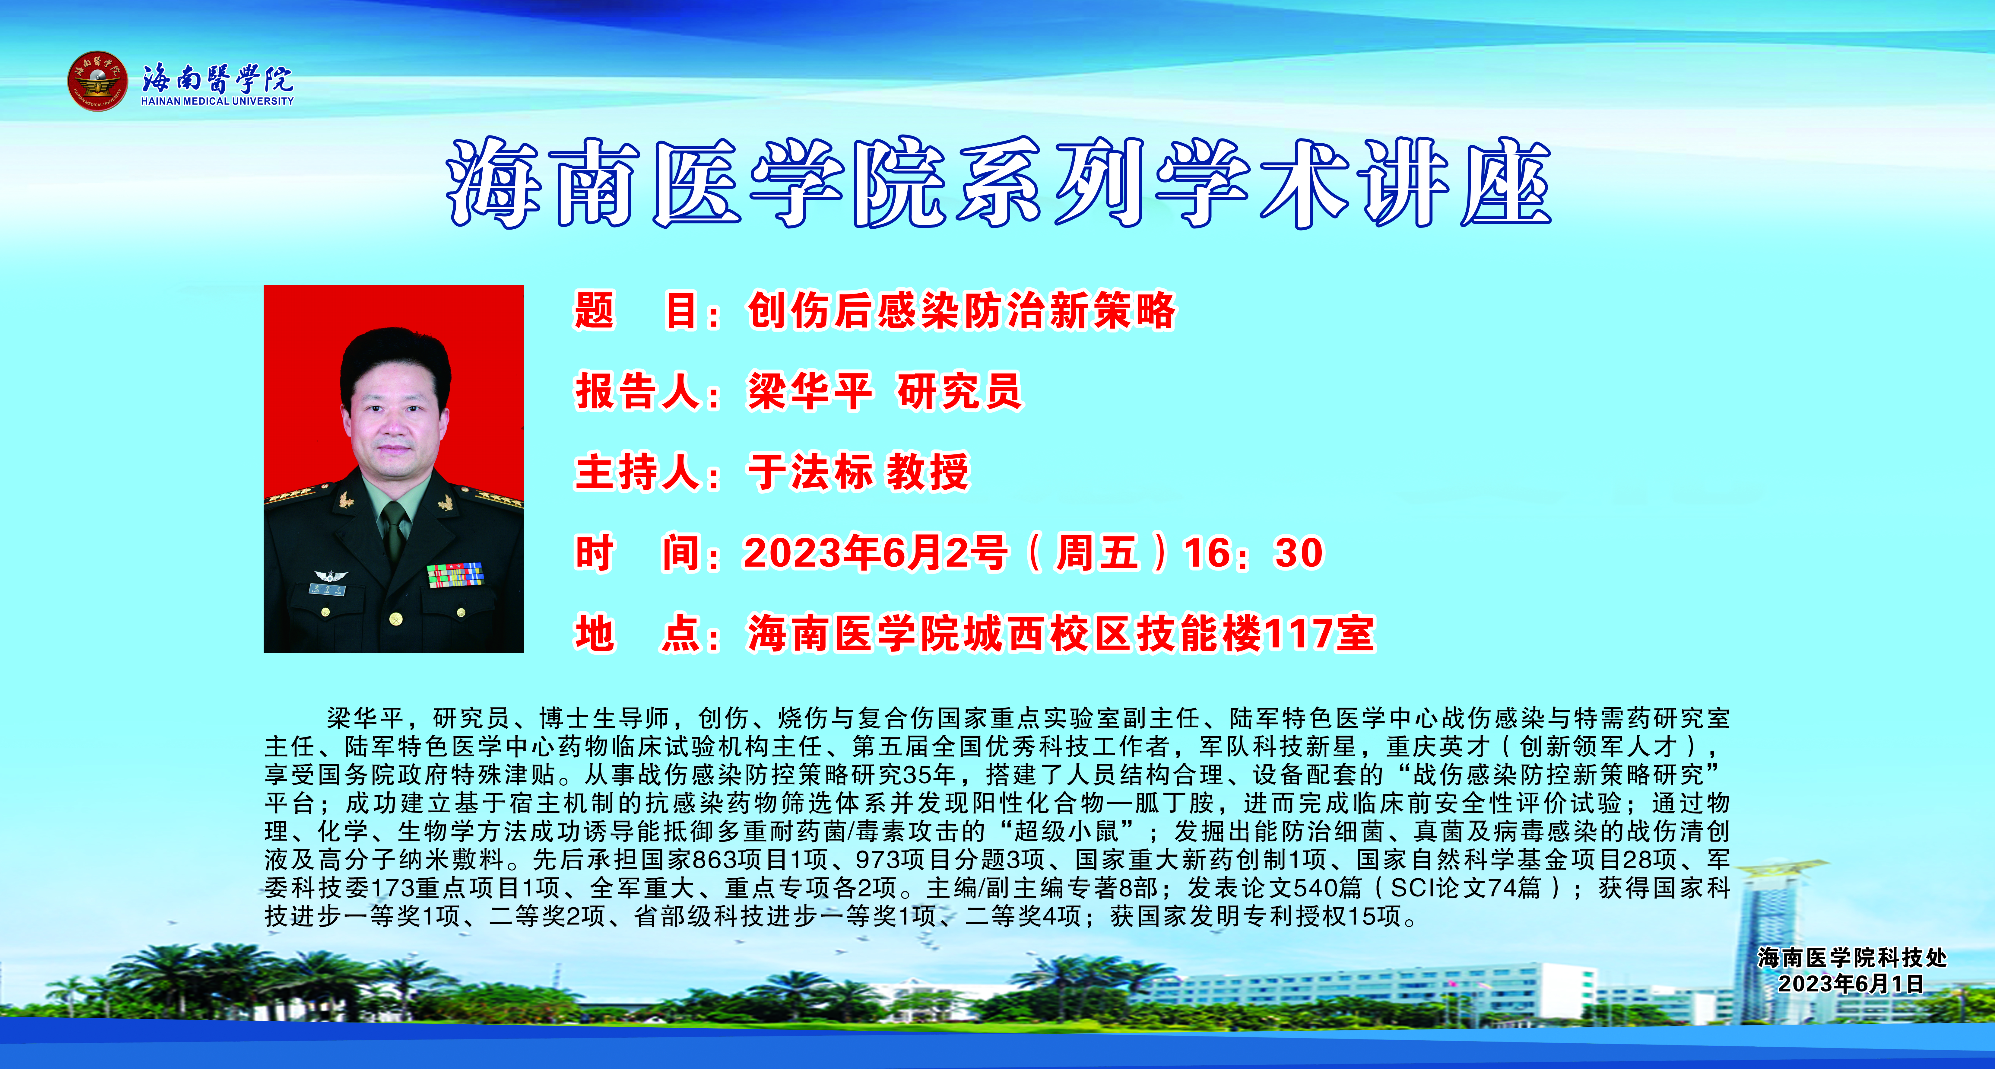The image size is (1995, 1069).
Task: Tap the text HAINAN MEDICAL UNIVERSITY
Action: pyautogui.click(x=217, y=101)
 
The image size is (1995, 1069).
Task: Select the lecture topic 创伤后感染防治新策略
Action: pyautogui.click(x=961, y=311)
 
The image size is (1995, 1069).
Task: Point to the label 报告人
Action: pyautogui.click(x=638, y=391)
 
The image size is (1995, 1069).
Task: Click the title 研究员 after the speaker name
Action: pyautogui.click(x=959, y=391)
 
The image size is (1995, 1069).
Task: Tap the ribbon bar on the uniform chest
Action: pyautogui.click(x=455, y=575)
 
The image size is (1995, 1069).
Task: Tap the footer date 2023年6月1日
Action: pyautogui.click(x=1851, y=984)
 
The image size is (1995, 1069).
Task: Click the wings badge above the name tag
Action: pyautogui.click(x=331, y=575)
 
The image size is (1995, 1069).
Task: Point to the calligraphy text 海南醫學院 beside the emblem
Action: pyautogui.click(x=217, y=78)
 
